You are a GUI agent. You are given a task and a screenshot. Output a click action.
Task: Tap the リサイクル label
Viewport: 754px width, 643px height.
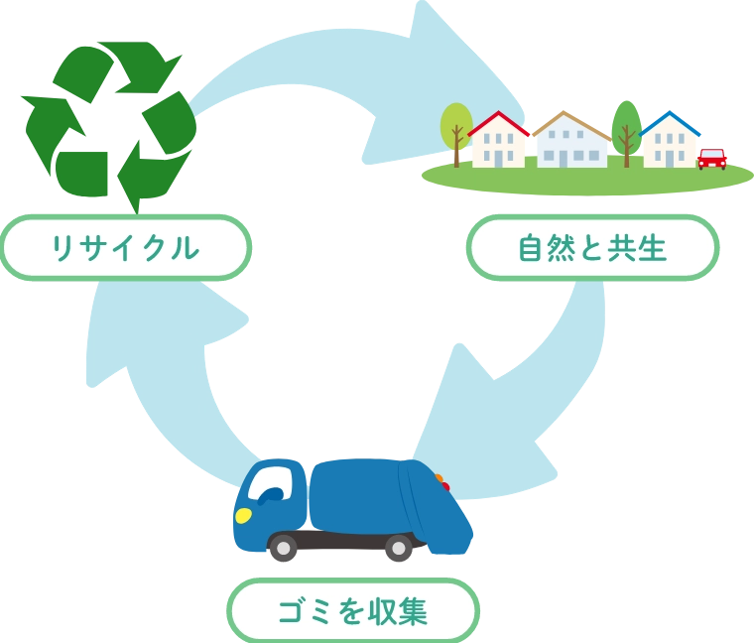pos(125,248)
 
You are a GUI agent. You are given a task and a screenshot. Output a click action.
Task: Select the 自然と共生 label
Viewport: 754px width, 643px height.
pos(592,248)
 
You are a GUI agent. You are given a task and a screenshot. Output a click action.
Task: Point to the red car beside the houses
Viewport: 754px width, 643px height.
pos(711,159)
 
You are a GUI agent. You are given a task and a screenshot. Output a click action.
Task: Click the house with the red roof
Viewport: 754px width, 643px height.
pos(497,141)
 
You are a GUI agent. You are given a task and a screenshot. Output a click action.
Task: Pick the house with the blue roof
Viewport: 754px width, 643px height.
pos(670,142)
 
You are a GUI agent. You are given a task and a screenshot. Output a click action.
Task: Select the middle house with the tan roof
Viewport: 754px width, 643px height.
pos(569,142)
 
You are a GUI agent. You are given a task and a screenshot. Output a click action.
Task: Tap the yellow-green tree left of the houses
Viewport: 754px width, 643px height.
pos(455,129)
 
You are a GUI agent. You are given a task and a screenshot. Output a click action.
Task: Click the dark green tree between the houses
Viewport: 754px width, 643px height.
pos(626,129)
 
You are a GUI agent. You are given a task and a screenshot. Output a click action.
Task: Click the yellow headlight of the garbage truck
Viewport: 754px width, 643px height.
pos(243,515)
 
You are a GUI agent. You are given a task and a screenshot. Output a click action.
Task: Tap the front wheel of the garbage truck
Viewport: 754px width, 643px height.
pos(284,547)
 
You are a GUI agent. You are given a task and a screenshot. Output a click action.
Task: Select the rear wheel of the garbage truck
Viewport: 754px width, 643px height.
pos(398,547)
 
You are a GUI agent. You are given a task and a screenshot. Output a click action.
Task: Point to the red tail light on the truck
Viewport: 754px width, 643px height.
pos(445,487)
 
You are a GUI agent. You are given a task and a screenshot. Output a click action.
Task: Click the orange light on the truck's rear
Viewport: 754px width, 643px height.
pos(439,478)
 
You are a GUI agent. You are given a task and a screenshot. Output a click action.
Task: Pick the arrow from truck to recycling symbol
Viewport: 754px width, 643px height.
pos(149,367)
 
